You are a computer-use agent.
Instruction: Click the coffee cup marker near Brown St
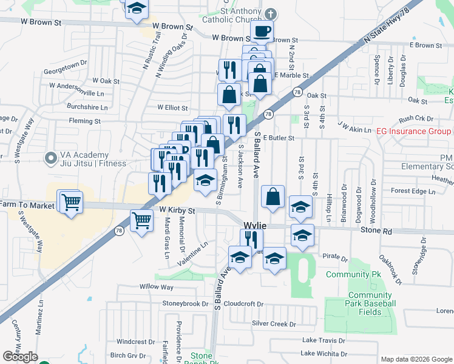[262, 32]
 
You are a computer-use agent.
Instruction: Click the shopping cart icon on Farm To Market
[70, 202]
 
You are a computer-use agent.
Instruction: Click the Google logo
[20, 357]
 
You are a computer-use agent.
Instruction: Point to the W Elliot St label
[172, 107]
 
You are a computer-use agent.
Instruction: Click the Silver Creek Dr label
[273, 323]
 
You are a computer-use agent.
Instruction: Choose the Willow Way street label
[157, 287]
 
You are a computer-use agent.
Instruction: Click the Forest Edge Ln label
[413, 191]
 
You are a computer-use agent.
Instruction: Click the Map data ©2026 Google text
[416, 359]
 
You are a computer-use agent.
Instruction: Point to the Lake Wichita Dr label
[324, 354]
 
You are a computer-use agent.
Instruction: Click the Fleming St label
[84, 121]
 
